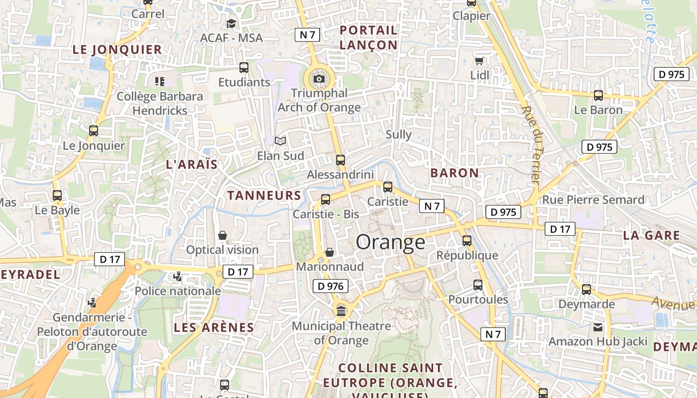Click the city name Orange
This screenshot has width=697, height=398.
pyautogui.click(x=391, y=242)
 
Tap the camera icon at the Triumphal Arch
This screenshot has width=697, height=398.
pyautogui.click(x=319, y=79)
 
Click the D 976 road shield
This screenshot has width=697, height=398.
pyautogui.click(x=330, y=286)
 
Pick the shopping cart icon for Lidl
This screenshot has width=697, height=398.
pyautogui.click(x=479, y=61)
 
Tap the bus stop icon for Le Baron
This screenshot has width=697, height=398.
pyautogui.click(x=598, y=95)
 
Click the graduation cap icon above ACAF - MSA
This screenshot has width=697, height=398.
pyautogui.click(x=231, y=23)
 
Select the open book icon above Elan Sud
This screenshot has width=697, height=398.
pyautogui.click(x=281, y=141)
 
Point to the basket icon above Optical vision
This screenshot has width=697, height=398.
pyautogui.click(x=223, y=235)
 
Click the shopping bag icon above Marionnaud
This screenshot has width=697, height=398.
pyautogui.click(x=330, y=252)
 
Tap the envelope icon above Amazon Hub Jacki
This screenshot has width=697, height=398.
pyautogui.click(x=597, y=327)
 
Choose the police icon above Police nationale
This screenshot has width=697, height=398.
pyautogui.click(x=177, y=276)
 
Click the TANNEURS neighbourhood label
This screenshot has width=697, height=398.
pyautogui.click(x=264, y=196)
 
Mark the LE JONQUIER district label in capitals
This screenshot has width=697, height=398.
pyautogui.click(x=117, y=49)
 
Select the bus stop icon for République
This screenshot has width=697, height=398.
pyautogui.click(x=467, y=240)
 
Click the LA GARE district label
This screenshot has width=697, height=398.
pyautogui.click(x=651, y=236)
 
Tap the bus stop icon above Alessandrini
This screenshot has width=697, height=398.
pyautogui.click(x=341, y=160)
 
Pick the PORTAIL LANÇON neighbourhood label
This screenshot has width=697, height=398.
pyautogui.click(x=368, y=37)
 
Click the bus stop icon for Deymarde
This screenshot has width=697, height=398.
pyautogui.click(x=586, y=289)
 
